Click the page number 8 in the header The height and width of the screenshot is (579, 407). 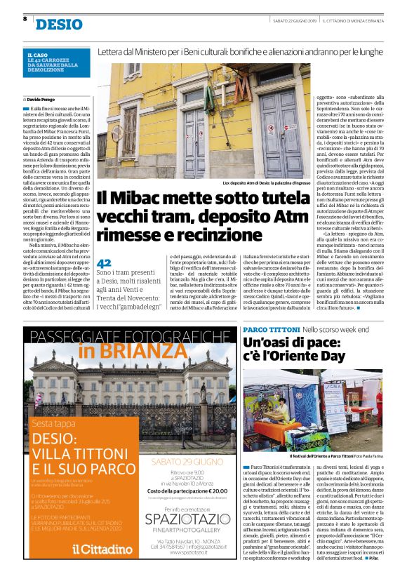pyautogui.click(x=25, y=19)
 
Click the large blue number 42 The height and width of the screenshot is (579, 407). pyautogui.click(x=104, y=261)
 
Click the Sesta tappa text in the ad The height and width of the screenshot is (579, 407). pyautogui.click(x=53, y=423)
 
